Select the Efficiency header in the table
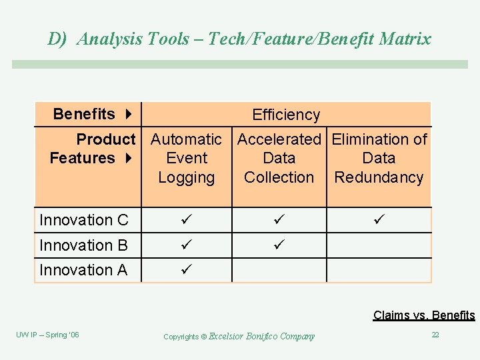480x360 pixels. pos(286,115)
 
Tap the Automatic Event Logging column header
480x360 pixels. pos(186,159)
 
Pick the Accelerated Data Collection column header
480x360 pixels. pos(279,159)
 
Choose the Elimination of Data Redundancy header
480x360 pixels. pos(379,159)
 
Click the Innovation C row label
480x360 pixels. pos(85,220)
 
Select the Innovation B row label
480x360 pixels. pos(83,245)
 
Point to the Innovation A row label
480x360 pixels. pos(83,270)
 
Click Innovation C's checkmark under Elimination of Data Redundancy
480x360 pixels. pos(379,220)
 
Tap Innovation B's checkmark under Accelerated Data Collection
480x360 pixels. pos(279,245)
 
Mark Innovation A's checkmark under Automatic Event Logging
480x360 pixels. pos(186,270)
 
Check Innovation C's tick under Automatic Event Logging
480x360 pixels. pos(186,220)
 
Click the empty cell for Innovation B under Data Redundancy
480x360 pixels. pos(379,245)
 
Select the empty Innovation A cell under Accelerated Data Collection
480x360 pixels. pos(279,270)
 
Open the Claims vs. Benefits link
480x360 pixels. pos(424,315)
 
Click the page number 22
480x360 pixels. pos(435,335)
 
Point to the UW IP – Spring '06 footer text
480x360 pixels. pos(47,335)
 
